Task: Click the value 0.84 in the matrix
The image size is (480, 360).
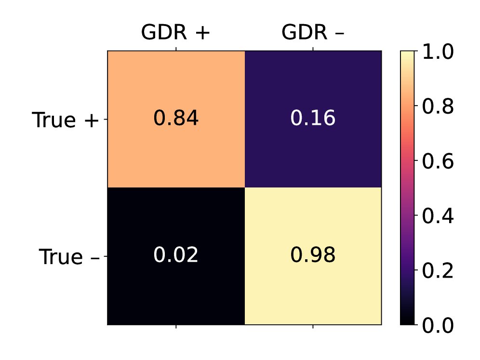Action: click(176, 119)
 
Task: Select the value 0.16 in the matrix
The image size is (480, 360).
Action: click(313, 119)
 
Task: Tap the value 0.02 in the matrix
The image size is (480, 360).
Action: click(176, 255)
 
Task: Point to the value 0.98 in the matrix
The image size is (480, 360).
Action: click(313, 255)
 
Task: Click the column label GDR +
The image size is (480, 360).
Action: click(175, 33)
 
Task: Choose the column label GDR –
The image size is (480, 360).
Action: click(313, 33)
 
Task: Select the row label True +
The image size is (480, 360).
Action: click(66, 120)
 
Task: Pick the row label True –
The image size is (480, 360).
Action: click(69, 257)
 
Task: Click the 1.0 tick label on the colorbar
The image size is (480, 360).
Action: click(438, 51)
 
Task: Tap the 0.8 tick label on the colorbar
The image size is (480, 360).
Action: click(438, 106)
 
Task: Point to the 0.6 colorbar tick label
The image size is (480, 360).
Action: click(438, 161)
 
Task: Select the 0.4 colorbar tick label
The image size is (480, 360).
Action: click(438, 216)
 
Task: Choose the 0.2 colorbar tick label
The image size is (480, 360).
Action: click(438, 271)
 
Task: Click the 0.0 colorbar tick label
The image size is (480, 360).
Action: click(438, 325)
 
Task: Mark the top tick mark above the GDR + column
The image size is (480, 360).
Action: click(176, 48)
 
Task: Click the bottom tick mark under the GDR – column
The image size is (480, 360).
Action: click(313, 327)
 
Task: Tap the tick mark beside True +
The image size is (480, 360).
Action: click(105, 119)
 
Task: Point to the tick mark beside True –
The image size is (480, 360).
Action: click(105, 256)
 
